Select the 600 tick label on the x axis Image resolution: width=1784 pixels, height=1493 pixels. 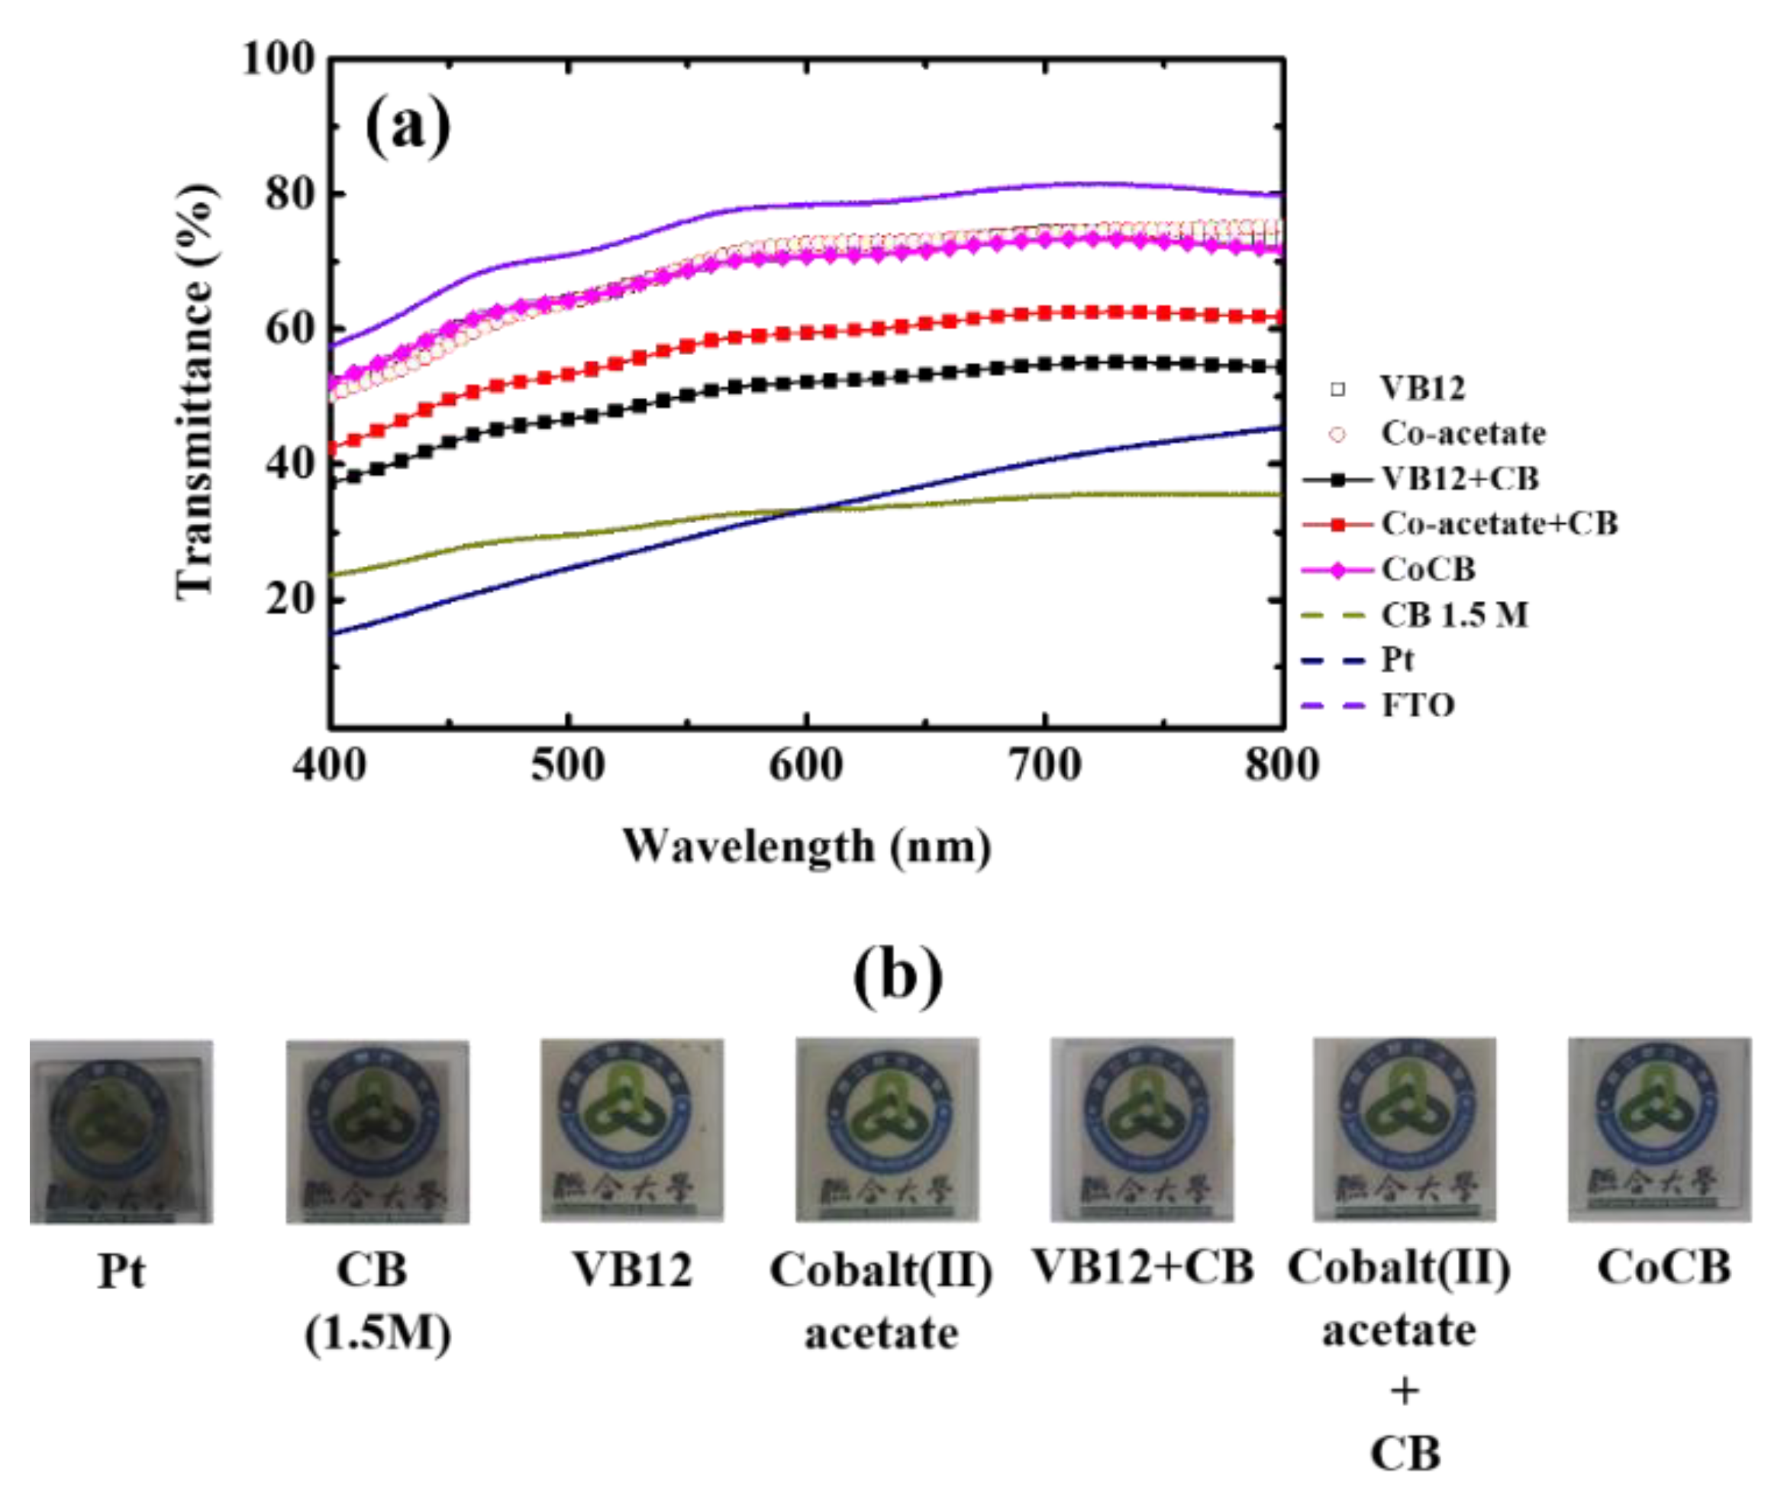point(805,764)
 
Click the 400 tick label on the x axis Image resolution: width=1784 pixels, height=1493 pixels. point(330,764)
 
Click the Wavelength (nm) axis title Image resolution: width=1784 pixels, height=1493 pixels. point(806,847)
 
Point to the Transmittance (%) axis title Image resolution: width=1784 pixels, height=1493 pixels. point(195,392)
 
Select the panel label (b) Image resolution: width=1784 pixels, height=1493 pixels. point(897,976)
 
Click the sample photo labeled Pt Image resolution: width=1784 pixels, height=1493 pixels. point(121,1132)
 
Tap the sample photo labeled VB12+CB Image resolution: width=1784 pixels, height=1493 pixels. point(1142,1130)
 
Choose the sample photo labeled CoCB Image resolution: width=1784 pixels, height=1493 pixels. point(1659,1130)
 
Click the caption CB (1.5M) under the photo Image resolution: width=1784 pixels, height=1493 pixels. point(377,1303)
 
